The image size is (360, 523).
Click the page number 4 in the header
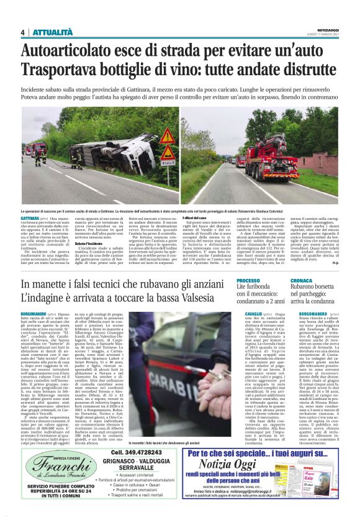click(22, 32)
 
